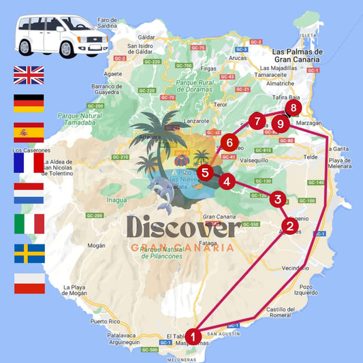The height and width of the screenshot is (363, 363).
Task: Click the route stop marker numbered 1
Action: pos(194,336)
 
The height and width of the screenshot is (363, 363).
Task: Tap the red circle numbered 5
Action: pos(205,173)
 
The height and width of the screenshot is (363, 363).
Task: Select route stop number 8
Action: pos(293,108)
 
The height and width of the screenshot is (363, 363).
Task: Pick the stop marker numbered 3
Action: pos(277,200)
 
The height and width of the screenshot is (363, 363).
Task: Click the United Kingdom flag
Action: pos(29,75)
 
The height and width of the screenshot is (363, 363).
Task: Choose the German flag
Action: pos(29,104)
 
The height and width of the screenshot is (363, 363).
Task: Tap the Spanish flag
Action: pos(29,132)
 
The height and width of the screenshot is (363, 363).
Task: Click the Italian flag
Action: pos(29,223)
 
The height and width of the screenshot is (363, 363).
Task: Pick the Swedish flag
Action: pos(29,253)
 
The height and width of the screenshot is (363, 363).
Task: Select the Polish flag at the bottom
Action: pos(29,283)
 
